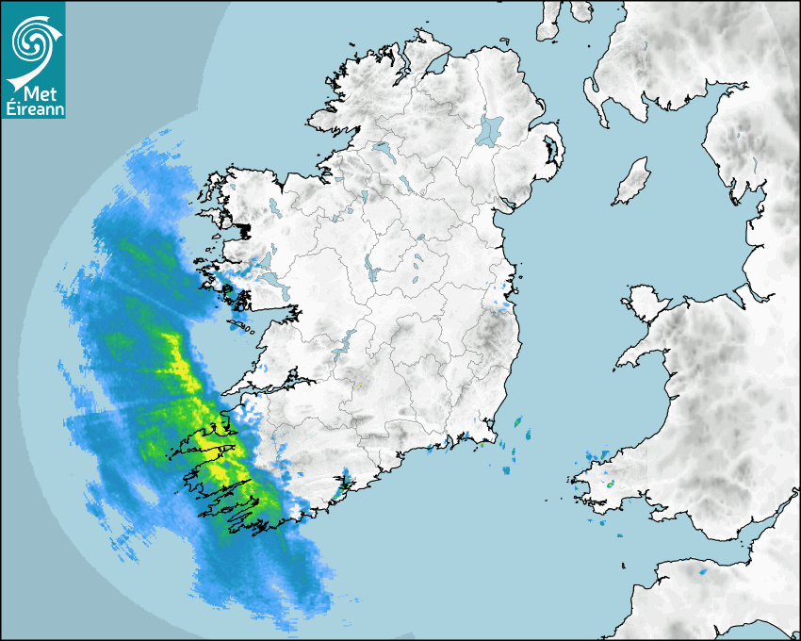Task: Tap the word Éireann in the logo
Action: click(34, 108)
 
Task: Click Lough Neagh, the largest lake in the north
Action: click(490, 129)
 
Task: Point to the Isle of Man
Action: click(632, 181)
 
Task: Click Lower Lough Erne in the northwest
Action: click(383, 149)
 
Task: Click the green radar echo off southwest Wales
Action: click(611, 484)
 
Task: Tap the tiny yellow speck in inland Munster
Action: click(358, 384)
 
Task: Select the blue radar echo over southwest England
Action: click(703, 571)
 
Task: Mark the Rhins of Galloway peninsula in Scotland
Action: click(593, 95)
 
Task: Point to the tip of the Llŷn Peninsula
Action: click(619, 364)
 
